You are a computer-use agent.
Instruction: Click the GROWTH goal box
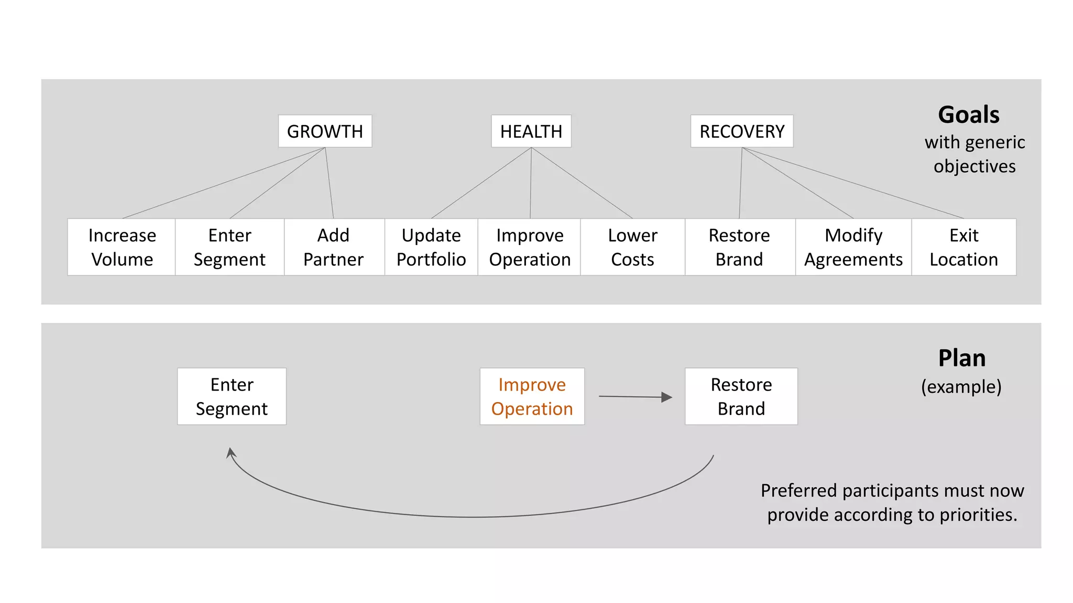(325, 131)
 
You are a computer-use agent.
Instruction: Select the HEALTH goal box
(531, 131)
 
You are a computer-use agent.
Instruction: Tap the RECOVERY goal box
(741, 131)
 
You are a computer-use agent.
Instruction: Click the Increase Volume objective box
(122, 247)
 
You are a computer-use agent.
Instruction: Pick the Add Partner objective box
(334, 247)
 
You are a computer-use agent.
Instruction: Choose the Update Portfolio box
(431, 247)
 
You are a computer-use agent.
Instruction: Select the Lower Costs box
(632, 247)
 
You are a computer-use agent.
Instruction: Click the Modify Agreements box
(853, 247)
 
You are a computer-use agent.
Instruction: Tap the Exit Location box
(963, 247)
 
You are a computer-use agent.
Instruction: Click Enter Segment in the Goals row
(229, 247)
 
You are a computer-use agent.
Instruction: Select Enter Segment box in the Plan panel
(232, 396)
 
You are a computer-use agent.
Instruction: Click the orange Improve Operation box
(532, 396)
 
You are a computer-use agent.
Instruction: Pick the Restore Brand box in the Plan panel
(741, 396)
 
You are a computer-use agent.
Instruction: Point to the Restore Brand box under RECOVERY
(739, 247)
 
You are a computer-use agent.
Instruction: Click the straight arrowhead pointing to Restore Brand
(666, 397)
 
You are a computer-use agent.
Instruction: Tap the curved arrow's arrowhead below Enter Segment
(231, 453)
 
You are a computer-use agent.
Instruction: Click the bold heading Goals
(968, 115)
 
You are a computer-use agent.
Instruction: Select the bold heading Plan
(961, 359)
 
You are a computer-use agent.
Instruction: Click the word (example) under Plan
(961, 387)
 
